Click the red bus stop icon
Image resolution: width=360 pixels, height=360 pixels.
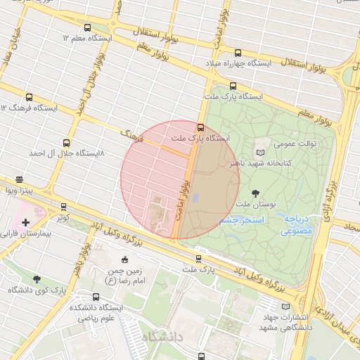pos(201,128)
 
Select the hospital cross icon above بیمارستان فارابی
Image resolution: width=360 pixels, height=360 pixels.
pos(26,222)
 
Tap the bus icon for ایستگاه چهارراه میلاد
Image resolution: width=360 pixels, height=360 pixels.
pos(238,53)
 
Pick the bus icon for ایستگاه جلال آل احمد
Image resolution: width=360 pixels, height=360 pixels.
pos(67,142)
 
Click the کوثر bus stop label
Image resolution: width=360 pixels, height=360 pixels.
pos(64,217)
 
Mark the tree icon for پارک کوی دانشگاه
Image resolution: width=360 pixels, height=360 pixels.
pos(37,279)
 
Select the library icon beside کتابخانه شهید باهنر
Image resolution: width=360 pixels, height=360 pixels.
pos(262,152)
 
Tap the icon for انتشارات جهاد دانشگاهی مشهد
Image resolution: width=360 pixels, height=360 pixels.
pos(285,307)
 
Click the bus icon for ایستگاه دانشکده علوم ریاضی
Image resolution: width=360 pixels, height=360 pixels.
pos(96,297)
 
